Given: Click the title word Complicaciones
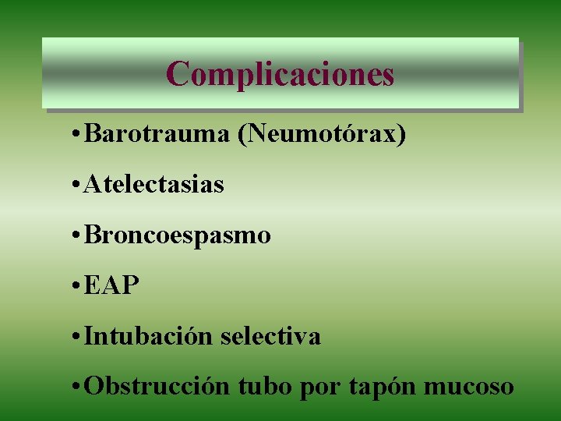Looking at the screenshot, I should coord(280,74).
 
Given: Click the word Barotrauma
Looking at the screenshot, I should coord(157,134).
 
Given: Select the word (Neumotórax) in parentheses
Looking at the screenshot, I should coord(322,135).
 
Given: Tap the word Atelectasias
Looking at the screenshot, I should coord(153,185).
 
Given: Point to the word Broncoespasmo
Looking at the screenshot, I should coord(177,235).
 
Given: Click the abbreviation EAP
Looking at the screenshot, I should coord(111,285).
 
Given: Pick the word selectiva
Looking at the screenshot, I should coord(270,336).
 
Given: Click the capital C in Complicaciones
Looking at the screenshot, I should coord(178,74).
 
